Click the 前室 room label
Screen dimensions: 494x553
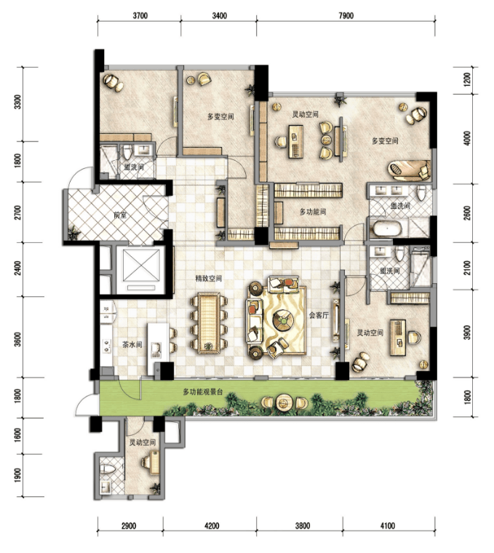pyautogui.click(x=120, y=215)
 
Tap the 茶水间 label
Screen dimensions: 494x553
pyautogui.click(x=132, y=345)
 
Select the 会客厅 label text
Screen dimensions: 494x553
pyautogui.click(x=319, y=315)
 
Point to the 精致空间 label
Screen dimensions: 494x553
pyautogui.click(x=209, y=278)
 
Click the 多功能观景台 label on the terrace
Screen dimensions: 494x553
pyautogui.click(x=203, y=391)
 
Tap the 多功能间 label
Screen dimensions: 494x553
pyautogui.click(x=313, y=212)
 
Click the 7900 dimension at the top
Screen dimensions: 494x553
pyautogui.click(x=346, y=16)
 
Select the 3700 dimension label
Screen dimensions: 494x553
pyautogui.click(x=140, y=16)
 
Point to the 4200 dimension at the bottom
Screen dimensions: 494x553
pyautogui.click(x=211, y=526)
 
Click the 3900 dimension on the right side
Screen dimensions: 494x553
pyautogui.click(x=467, y=333)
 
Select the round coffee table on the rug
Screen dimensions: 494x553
pyautogui.click(x=284, y=320)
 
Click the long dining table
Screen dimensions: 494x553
pyautogui.click(x=209, y=322)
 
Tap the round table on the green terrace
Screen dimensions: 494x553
pyautogui.click(x=283, y=402)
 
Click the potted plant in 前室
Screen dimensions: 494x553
pyautogui.click(x=73, y=233)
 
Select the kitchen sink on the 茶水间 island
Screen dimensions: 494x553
pyautogui.click(x=156, y=349)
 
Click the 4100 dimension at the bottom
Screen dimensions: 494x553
pyautogui.click(x=388, y=526)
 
